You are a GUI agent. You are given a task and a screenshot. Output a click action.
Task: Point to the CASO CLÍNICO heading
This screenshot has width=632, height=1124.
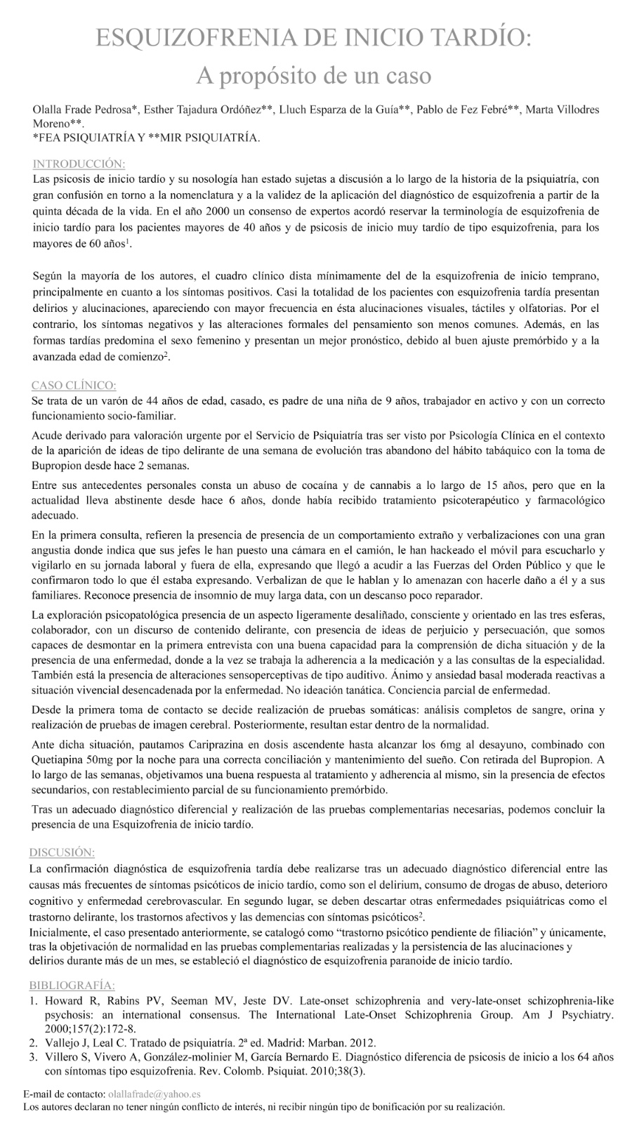(x=74, y=385)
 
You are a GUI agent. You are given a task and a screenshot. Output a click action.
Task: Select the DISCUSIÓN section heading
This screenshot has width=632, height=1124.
(x=62, y=852)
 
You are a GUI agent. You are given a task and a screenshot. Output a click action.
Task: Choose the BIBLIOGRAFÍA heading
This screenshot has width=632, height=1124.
(x=72, y=985)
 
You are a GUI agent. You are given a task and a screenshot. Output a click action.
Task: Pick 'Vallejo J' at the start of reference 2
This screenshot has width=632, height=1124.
(x=67, y=1042)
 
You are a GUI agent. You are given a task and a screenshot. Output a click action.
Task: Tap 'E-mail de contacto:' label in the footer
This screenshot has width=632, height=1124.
(x=64, y=1094)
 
